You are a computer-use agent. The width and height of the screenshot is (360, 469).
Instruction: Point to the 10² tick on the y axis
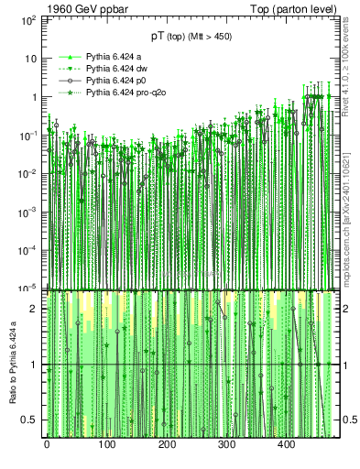pos(29,19)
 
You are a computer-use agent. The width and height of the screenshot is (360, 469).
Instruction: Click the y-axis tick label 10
pos(31,58)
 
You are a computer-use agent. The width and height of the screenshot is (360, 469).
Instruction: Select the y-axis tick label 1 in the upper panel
pos(35,97)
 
